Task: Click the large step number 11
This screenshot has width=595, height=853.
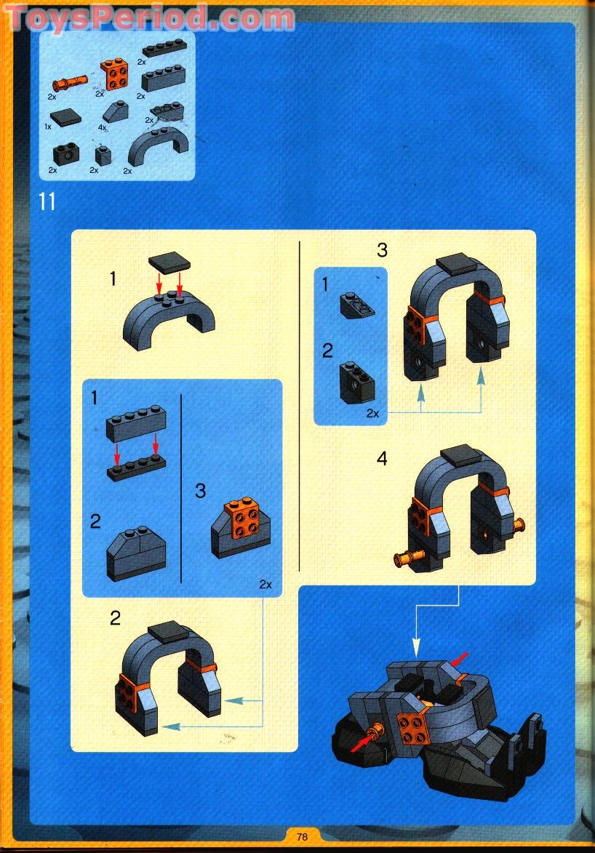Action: pos(47,201)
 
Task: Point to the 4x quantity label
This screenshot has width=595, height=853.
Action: pos(103,127)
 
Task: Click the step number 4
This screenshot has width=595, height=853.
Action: pos(382,459)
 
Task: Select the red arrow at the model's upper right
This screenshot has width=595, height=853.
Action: pos(460,659)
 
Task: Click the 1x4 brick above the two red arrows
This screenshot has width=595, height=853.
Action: pos(136,425)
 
